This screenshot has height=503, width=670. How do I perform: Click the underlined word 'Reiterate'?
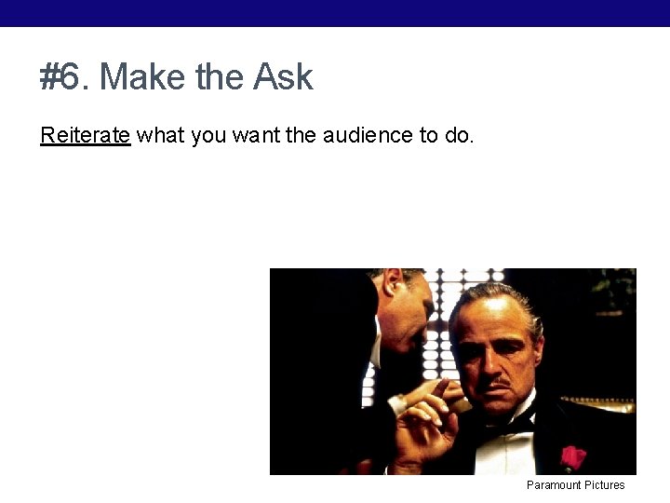tap(85, 135)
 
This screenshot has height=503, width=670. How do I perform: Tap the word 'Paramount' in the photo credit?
tap(554, 485)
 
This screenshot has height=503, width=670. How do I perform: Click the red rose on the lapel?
tap(572, 456)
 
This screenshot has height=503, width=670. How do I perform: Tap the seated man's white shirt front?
tap(507, 452)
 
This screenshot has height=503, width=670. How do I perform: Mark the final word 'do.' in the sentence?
tap(460, 135)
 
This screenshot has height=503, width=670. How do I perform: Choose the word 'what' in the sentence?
tap(160, 135)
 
